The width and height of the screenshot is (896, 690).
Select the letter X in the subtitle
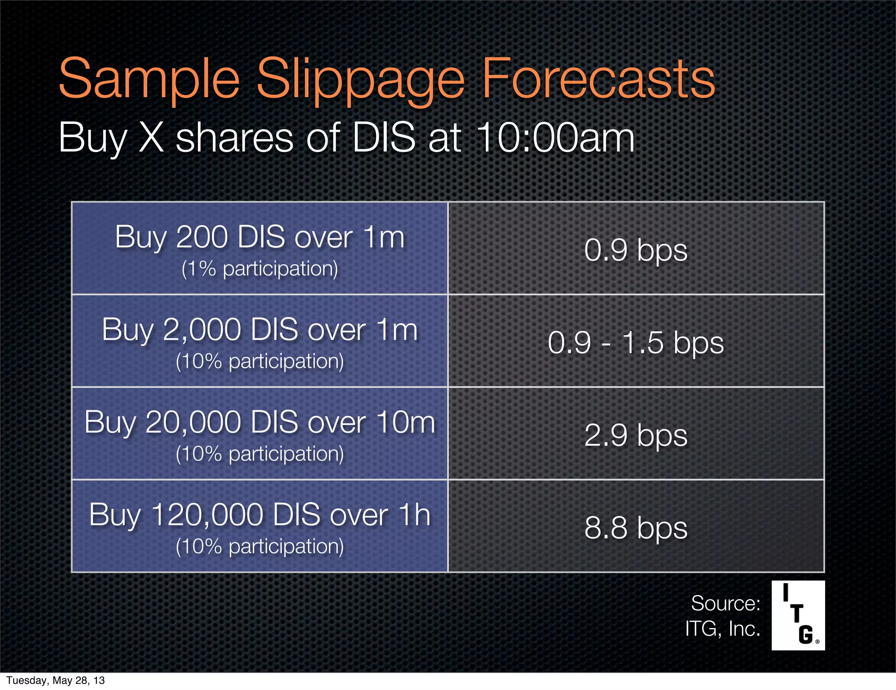click(x=151, y=137)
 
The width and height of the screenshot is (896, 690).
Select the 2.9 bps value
click(x=636, y=435)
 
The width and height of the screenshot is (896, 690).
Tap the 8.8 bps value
click(x=636, y=528)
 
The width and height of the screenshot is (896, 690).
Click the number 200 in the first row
click(x=202, y=237)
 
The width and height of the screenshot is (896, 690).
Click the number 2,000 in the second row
click(x=202, y=330)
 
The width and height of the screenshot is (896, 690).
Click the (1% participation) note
click(x=259, y=268)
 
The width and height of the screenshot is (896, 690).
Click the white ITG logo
click(x=798, y=615)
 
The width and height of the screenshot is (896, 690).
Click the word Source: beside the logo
click(x=725, y=603)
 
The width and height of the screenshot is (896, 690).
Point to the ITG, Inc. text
click(x=722, y=629)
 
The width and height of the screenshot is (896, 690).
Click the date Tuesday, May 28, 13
click(x=56, y=680)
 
